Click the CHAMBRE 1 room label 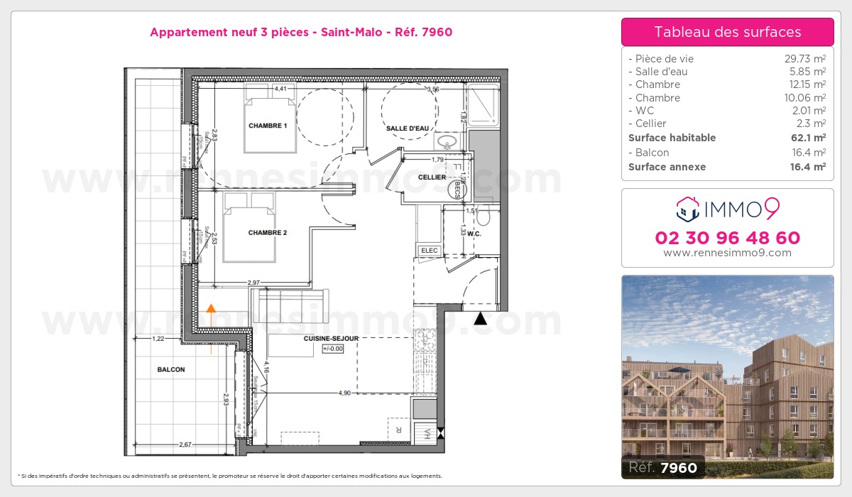coord(267,126)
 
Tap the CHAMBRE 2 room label coord(267,232)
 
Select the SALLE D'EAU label coord(407,129)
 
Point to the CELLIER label coord(432,177)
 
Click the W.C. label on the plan coord(475,233)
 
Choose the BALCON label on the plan coord(171,369)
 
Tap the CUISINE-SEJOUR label coord(331,339)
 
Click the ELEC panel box coord(430,250)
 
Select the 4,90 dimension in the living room coord(344,393)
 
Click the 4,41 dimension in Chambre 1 coord(280,89)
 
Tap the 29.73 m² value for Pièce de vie coord(799,59)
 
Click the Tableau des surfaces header coord(727,32)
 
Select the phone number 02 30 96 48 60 coord(727,238)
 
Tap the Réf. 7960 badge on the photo coord(662,467)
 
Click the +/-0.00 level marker coord(332,349)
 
